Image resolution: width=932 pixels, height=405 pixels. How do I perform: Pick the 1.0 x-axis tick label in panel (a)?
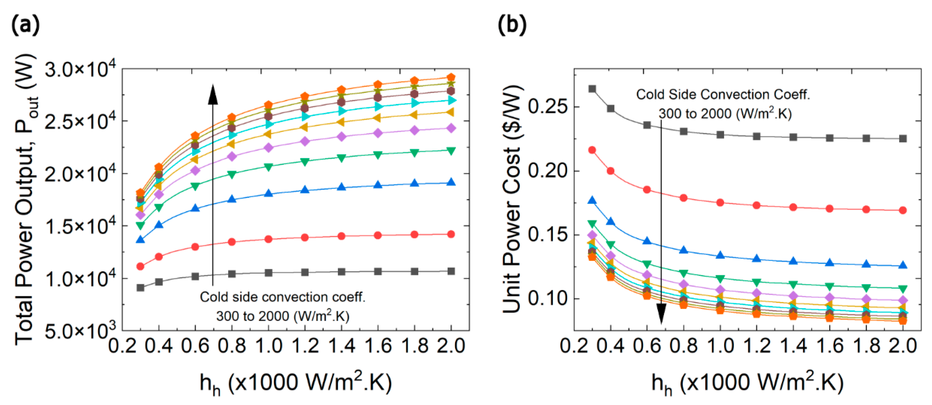268,346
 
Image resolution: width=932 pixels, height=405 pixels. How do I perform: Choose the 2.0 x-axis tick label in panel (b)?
902,346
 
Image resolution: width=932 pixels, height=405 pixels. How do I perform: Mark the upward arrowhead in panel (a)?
213,95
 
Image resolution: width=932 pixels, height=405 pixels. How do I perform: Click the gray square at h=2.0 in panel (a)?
451,271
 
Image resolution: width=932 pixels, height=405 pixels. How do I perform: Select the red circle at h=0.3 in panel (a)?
140,267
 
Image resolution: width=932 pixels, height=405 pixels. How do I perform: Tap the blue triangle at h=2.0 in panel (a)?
451,182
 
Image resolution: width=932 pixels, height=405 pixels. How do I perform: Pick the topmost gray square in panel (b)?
592,89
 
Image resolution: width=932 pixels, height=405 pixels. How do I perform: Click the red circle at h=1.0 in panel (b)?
720,203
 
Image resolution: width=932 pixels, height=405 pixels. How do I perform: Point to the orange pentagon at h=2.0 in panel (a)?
451,77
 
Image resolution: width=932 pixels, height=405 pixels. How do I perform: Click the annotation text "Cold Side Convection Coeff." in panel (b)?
723,95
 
